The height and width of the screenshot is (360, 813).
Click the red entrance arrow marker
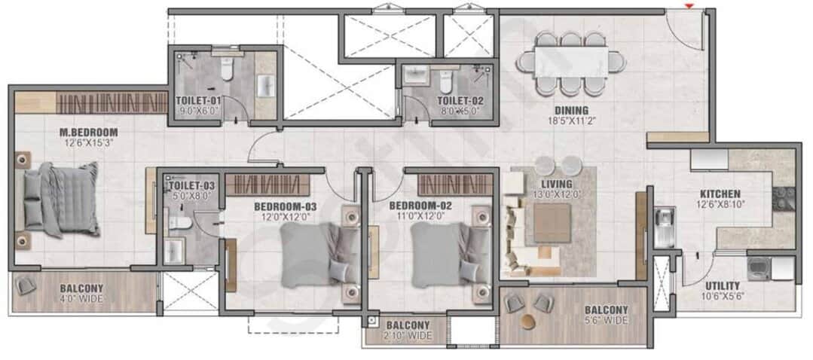coord(689,7)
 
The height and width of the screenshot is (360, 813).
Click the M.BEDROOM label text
coord(89,133)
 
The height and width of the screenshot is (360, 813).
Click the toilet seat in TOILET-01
coord(226,72)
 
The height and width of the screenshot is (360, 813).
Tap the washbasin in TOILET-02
coord(414,76)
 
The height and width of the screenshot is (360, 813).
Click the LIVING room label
coord(555,184)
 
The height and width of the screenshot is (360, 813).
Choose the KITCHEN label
coord(720,194)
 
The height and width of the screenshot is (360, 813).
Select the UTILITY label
coord(722,287)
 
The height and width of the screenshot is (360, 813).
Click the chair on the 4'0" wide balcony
coord(27,285)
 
